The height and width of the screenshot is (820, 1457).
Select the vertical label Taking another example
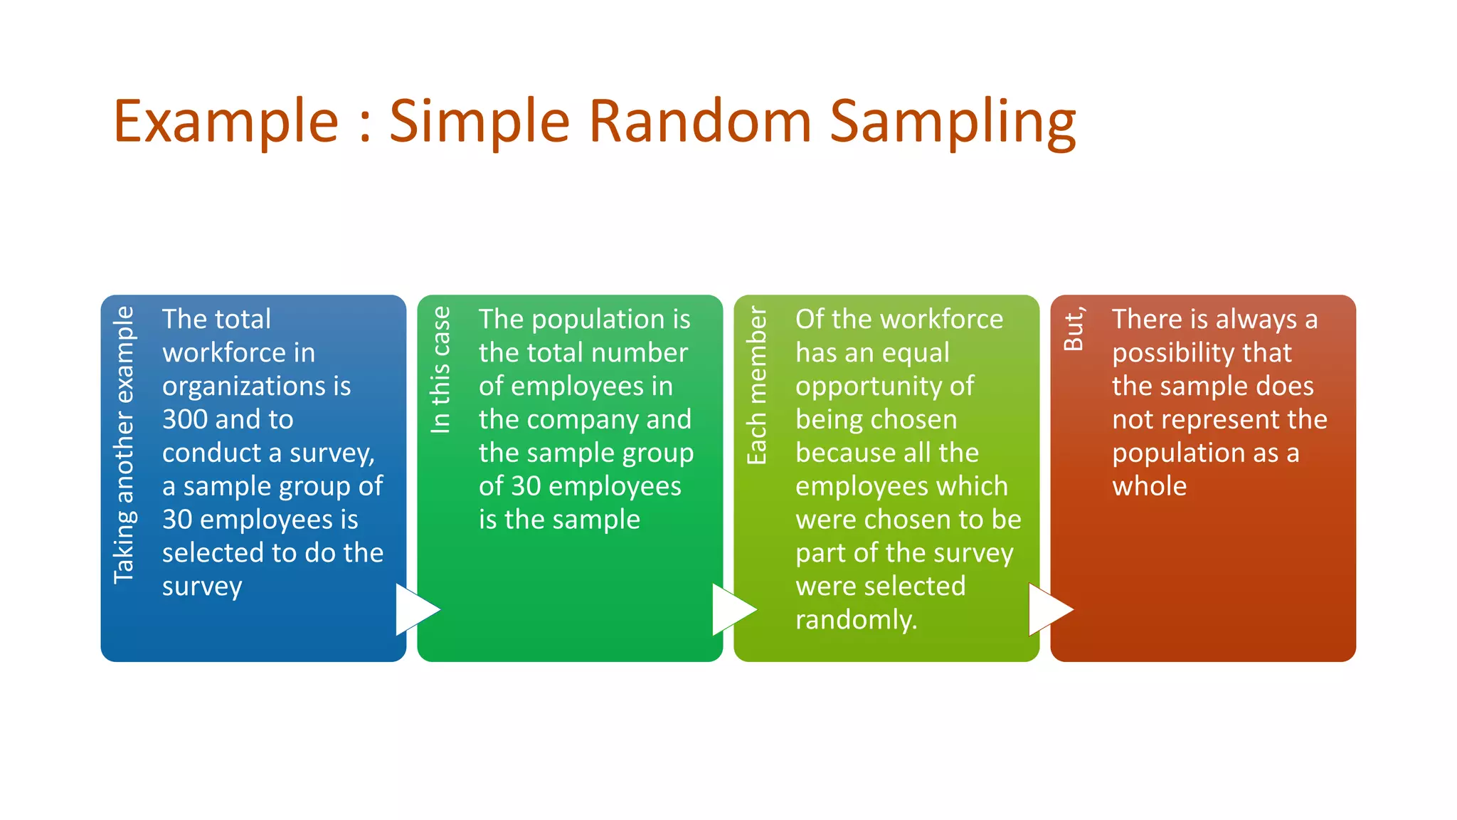(124, 445)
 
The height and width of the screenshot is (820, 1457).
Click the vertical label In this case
(440, 370)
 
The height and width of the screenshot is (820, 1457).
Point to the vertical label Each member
(756, 386)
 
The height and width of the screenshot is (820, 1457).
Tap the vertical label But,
(1074, 329)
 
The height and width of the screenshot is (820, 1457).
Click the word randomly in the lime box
(856, 620)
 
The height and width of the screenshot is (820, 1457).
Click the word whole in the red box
(1149, 486)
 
